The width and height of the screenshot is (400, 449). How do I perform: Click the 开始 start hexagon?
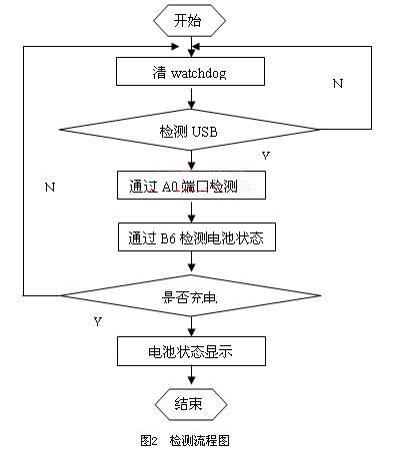(x=191, y=19)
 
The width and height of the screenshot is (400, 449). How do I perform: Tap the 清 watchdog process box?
(x=191, y=71)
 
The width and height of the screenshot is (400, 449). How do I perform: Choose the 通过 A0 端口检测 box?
(x=191, y=186)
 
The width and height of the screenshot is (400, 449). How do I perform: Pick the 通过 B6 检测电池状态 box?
(x=191, y=237)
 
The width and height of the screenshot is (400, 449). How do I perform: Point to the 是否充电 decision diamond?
(x=191, y=296)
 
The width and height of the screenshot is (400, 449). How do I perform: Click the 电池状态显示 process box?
(x=191, y=351)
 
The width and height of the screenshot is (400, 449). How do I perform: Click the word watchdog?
(x=207, y=71)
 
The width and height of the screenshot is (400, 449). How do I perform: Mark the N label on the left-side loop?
(x=48, y=187)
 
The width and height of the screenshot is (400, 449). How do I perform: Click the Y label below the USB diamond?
(x=265, y=156)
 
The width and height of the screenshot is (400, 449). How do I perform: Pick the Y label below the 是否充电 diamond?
(x=97, y=321)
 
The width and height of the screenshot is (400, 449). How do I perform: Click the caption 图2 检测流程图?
(x=188, y=438)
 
